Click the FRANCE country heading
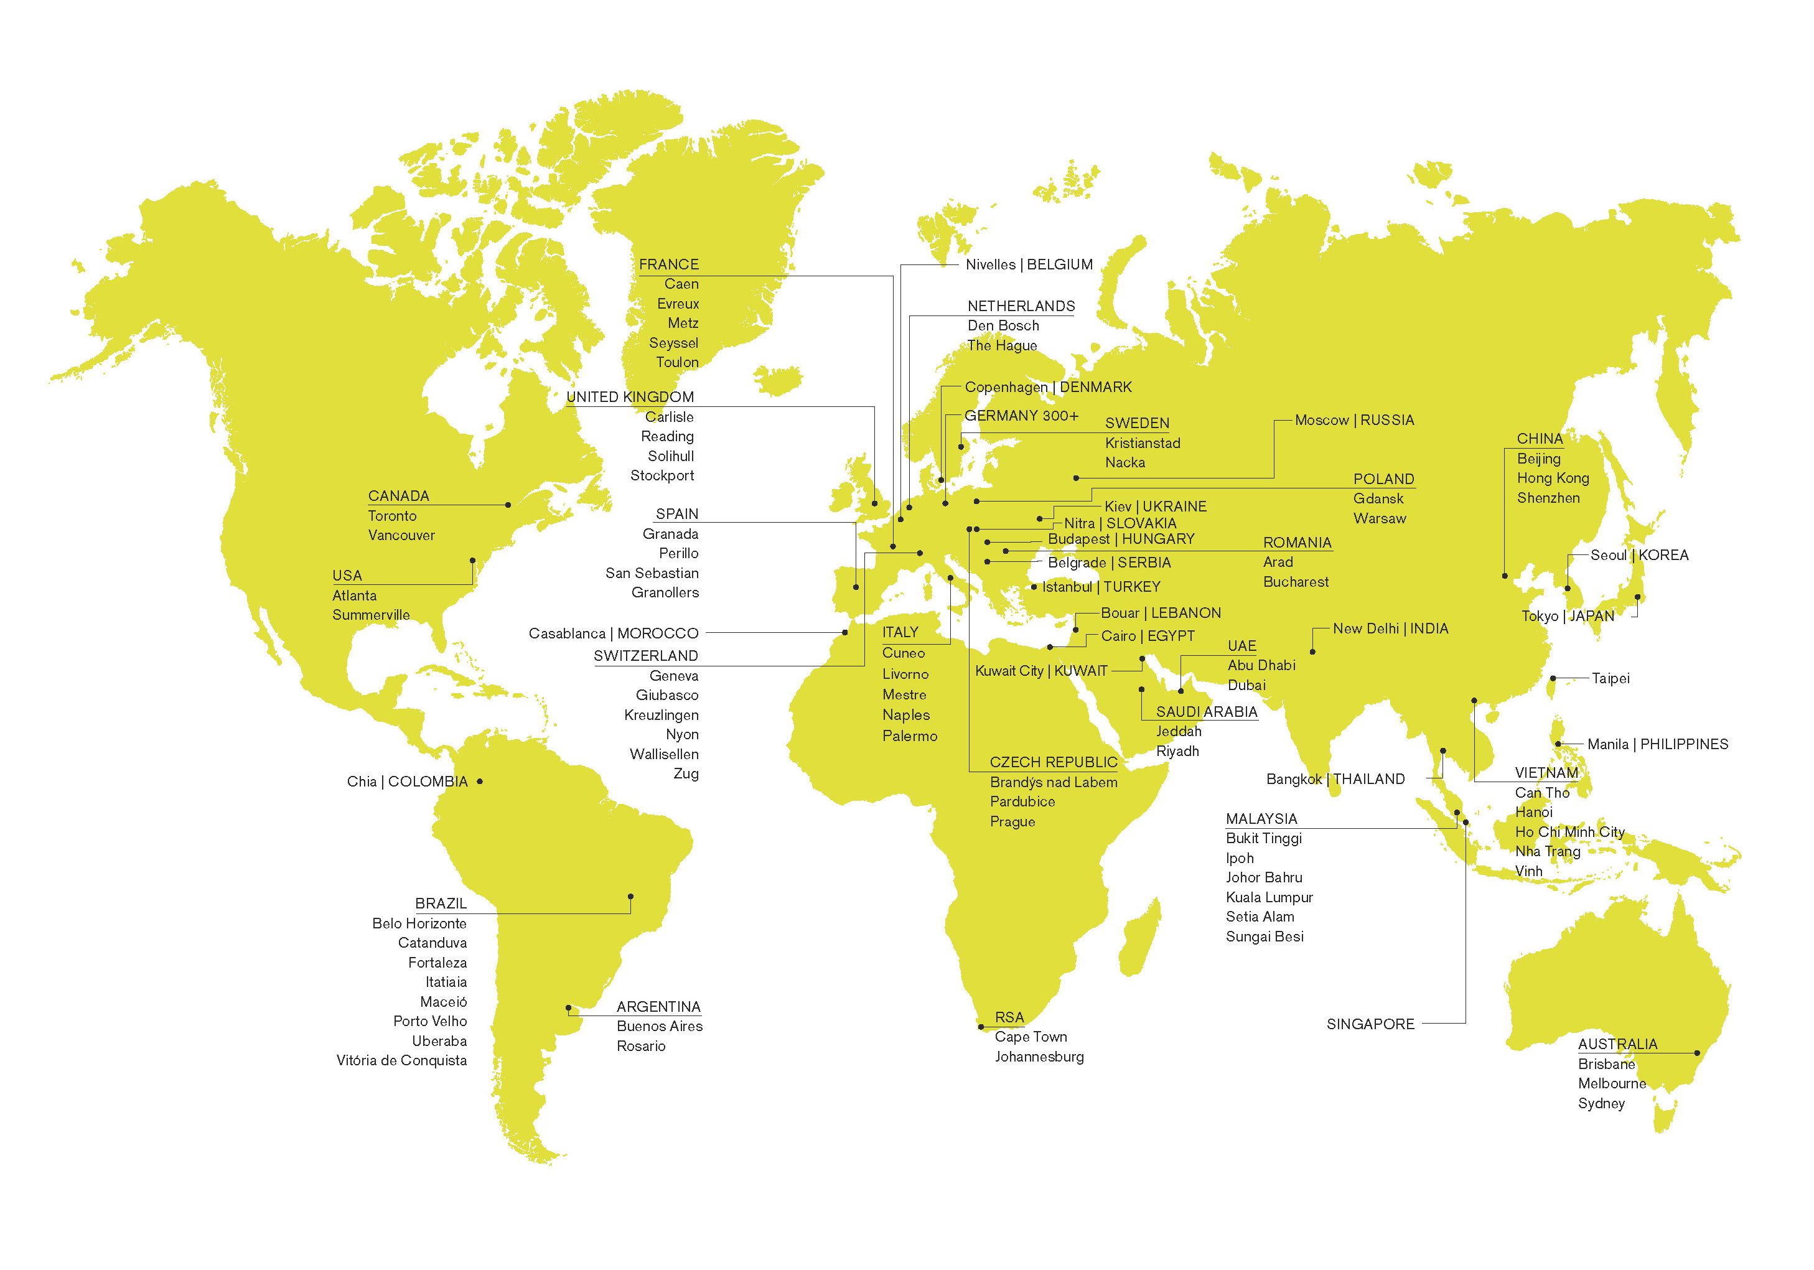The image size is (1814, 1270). pyautogui.click(x=668, y=264)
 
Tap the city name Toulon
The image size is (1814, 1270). pyautogui.click(x=677, y=363)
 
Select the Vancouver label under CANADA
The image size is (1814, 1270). pyautogui.click(x=401, y=536)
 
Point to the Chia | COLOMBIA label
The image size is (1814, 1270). pyautogui.click(x=407, y=782)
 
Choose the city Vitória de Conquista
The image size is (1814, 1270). pyautogui.click(x=401, y=1061)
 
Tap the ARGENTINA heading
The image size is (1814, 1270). pyautogui.click(x=658, y=1007)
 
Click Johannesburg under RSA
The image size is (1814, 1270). pyautogui.click(x=1039, y=1057)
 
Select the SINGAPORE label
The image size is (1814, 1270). pyautogui.click(x=1370, y=1024)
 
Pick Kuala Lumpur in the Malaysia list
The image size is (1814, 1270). pyautogui.click(x=1269, y=897)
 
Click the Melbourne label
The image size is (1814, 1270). pyautogui.click(x=1612, y=1083)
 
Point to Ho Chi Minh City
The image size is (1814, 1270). pyautogui.click(x=1569, y=832)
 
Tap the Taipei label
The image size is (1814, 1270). pyautogui.click(x=1610, y=678)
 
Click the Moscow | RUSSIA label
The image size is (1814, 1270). pyautogui.click(x=1354, y=420)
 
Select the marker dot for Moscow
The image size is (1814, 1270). pyautogui.click(x=1075, y=478)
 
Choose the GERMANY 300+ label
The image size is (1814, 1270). pyautogui.click(x=1021, y=416)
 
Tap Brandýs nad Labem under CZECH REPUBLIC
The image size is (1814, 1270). pyautogui.click(x=1053, y=783)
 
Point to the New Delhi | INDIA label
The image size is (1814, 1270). pyautogui.click(x=1390, y=628)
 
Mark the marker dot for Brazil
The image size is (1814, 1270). pyautogui.click(x=630, y=897)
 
